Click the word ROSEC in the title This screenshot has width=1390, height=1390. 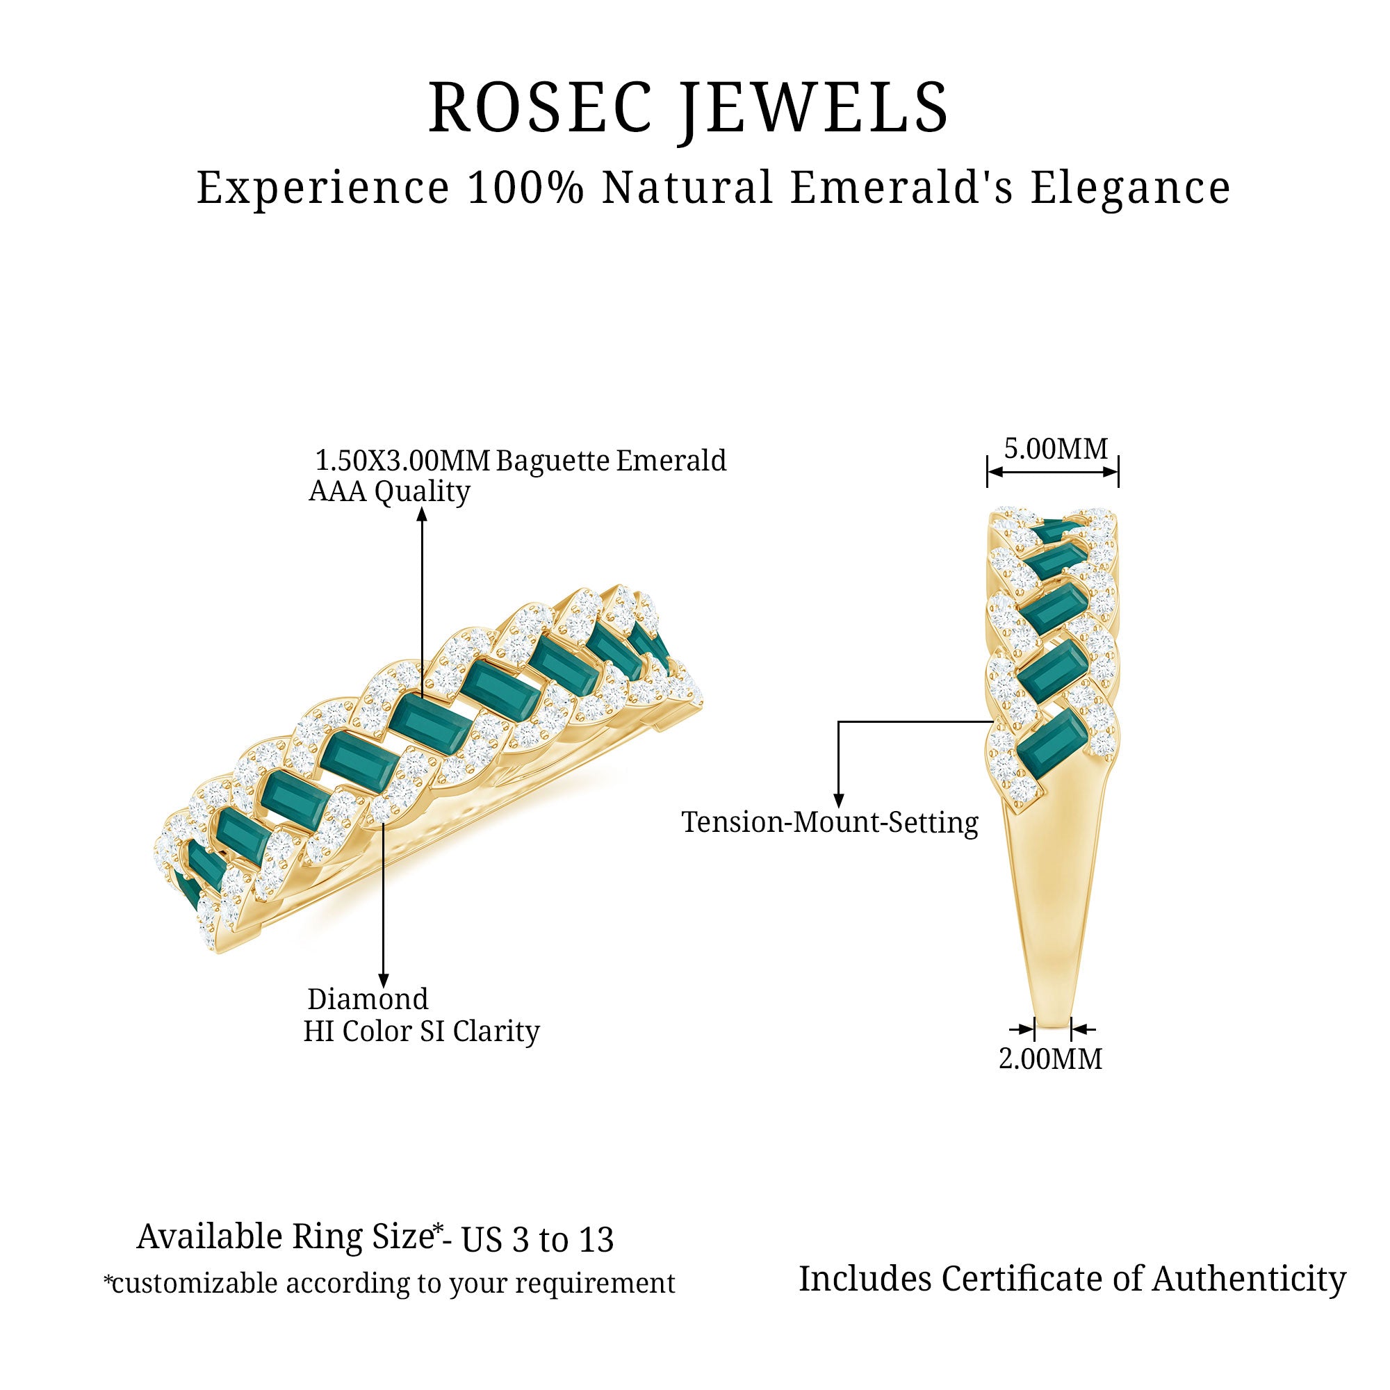(x=540, y=108)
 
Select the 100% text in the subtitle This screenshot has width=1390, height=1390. (x=525, y=188)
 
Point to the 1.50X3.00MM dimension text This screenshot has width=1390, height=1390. (x=402, y=461)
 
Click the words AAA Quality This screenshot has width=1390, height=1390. (x=389, y=492)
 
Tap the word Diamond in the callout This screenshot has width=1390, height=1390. (x=368, y=999)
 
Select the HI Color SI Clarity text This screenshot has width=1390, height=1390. (x=421, y=1031)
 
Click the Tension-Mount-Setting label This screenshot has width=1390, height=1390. (x=830, y=822)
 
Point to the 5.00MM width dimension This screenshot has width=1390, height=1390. (x=1056, y=449)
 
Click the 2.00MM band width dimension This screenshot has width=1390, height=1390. (x=1050, y=1059)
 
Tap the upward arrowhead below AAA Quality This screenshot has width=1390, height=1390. (x=423, y=514)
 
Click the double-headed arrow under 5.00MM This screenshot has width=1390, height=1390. (x=1052, y=473)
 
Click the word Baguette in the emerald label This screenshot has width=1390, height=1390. (x=553, y=461)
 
